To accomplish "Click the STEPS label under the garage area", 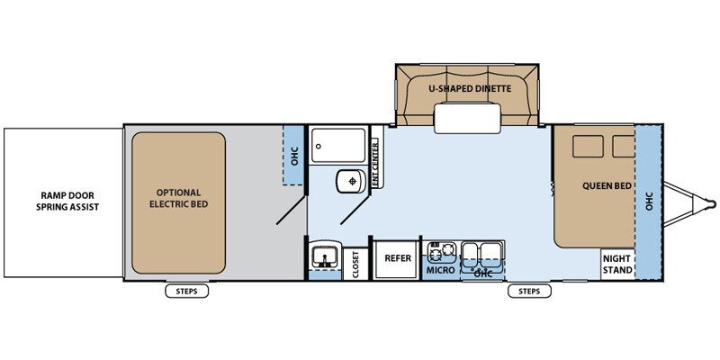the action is [x=187, y=291].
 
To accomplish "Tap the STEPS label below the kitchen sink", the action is [x=529, y=291].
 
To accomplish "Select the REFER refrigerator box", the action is [x=398, y=258].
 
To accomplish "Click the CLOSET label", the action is [x=355, y=264].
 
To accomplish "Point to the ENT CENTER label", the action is [x=376, y=164].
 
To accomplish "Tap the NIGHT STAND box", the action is [x=617, y=264].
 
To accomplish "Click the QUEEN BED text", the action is [x=606, y=186].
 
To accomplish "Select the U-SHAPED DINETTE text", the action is [x=470, y=88].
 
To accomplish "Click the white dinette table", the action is [x=467, y=119].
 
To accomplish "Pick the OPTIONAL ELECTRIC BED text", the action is [x=178, y=198].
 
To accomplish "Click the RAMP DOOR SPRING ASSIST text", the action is [x=68, y=201].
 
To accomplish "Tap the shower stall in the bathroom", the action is [x=338, y=145].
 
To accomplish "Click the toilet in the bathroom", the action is [x=351, y=182].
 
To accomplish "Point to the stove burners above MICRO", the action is [x=441, y=251].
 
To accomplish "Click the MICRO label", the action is [x=440, y=270].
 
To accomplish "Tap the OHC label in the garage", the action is [x=294, y=155].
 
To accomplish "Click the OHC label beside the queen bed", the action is [x=649, y=201].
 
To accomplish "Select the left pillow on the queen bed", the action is [x=588, y=147].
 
